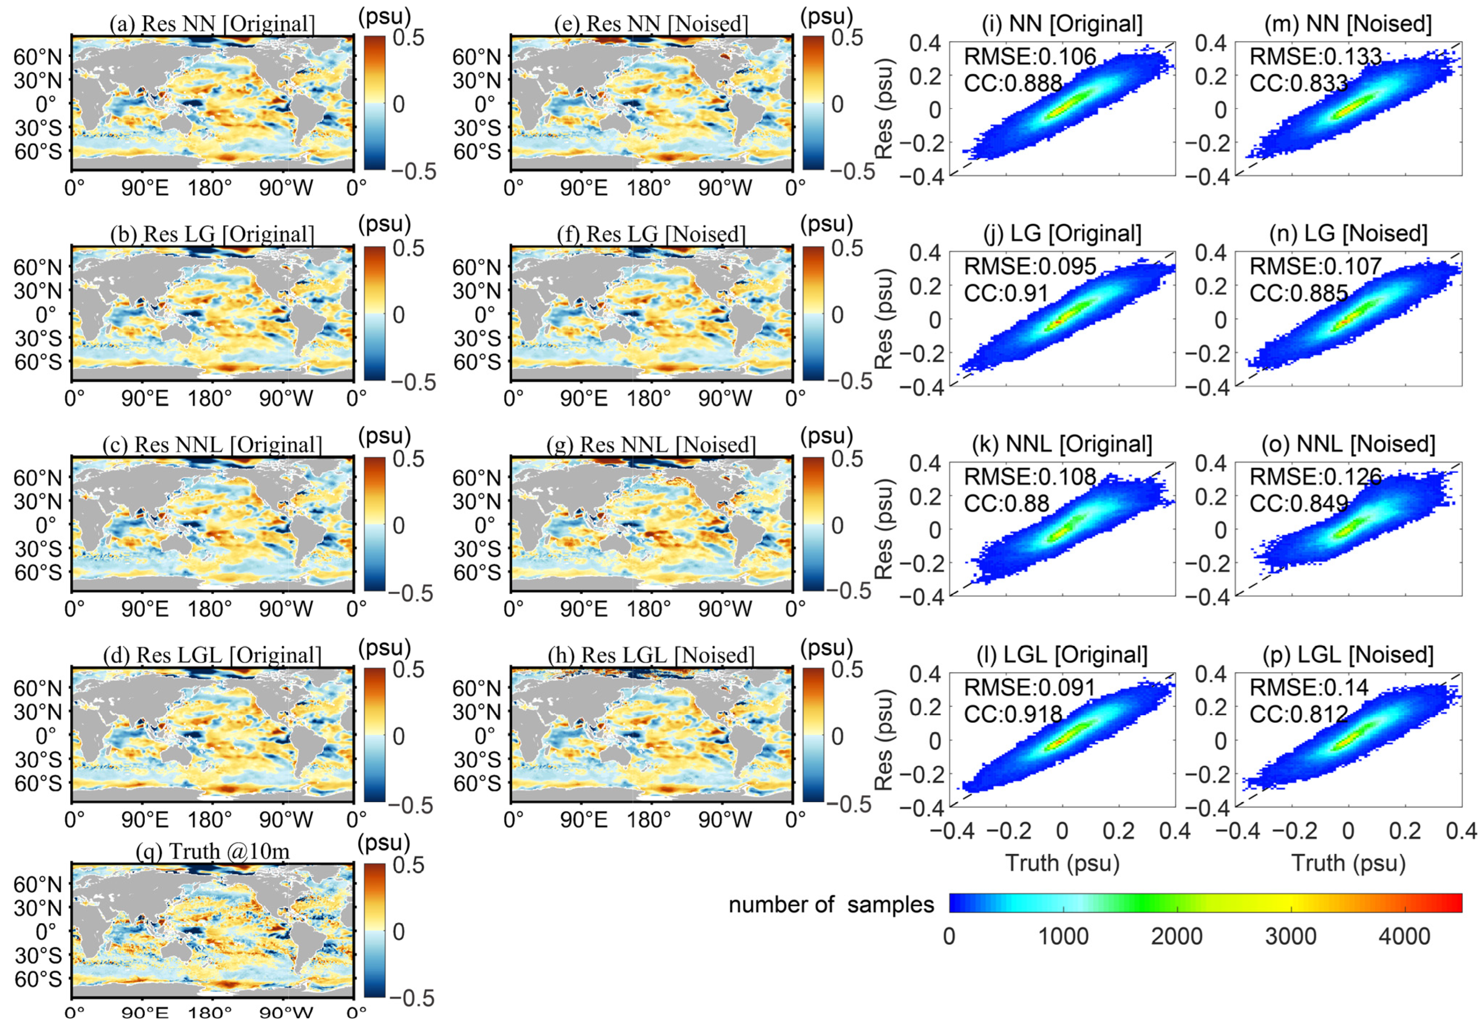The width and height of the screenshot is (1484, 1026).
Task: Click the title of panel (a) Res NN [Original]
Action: [x=212, y=24]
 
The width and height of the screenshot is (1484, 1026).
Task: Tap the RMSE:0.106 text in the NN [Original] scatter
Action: [x=1030, y=57]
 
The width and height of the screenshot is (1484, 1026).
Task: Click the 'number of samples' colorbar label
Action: [x=830, y=904]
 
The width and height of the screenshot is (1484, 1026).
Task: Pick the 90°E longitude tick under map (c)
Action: [x=145, y=609]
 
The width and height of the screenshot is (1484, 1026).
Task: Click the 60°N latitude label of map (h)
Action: [x=476, y=689]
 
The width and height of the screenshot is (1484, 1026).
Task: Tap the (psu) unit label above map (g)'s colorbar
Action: [x=827, y=436]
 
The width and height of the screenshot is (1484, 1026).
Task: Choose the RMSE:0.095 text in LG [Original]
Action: [x=1030, y=266]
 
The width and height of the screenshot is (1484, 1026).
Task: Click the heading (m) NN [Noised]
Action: [x=1348, y=24]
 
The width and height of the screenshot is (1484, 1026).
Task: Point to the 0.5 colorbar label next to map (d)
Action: [x=408, y=670]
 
